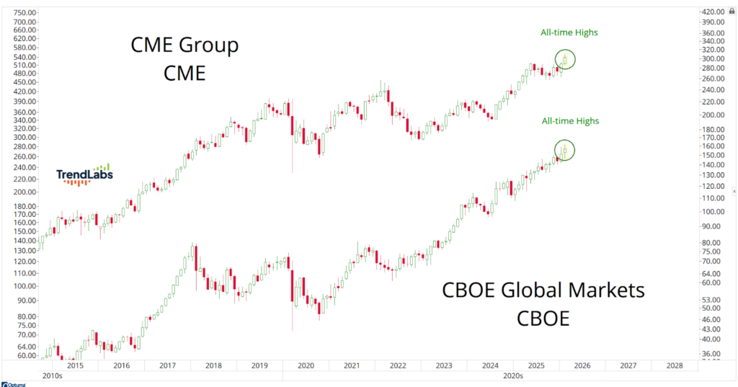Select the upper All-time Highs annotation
click(x=569, y=32)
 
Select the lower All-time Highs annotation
click(x=569, y=121)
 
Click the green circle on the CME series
click(x=566, y=59)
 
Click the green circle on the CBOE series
click(x=564, y=150)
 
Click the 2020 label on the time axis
click(x=306, y=366)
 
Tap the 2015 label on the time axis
click(x=75, y=366)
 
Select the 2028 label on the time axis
click(x=675, y=366)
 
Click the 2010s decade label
click(x=53, y=376)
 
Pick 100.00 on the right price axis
click(x=715, y=211)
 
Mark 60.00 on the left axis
click(x=25, y=355)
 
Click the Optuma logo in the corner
click(x=13, y=384)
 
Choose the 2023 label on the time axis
click(x=444, y=366)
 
